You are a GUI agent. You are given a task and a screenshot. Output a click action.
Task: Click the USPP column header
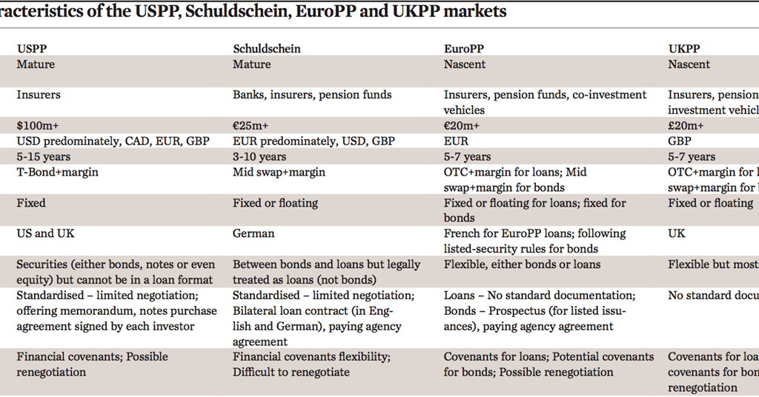pyautogui.click(x=32, y=49)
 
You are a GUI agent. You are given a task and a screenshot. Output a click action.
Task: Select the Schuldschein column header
pyautogui.click(x=267, y=49)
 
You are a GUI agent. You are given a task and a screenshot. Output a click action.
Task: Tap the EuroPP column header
pyautogui.click(x=464, y=49)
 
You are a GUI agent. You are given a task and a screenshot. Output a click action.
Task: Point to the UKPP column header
pyautogui.click(x=684, y=49)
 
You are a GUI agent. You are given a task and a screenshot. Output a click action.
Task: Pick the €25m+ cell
pyautogui.click(x=251, y=125)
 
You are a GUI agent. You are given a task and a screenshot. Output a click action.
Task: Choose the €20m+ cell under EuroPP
pyautogui.click(x=462, y=125)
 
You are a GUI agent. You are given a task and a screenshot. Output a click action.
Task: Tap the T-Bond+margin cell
pyautogui.click(x=57, y=172)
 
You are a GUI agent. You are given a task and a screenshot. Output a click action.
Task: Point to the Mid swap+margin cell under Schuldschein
pyautogui.click(x=279, y=172)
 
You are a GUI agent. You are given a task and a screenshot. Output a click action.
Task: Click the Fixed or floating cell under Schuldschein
pyautogui.click(x=275, y=202)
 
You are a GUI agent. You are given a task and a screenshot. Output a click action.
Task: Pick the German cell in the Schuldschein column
pyautogui.click(x=253, y=233)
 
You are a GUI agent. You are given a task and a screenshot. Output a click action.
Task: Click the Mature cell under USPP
pyautogui.click(x=36, y=64)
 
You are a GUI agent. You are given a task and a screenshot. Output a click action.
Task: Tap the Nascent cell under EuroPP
pyautogui.click(x=465, y=64)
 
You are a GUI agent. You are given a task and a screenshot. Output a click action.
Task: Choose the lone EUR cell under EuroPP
pyautogui.click(x=456, y=141)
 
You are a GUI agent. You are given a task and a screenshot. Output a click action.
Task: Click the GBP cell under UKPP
pyautogui.click(x=680, y=141)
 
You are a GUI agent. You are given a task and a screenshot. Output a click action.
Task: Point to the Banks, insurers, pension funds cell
pyautogui.click(x=312, y=95)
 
